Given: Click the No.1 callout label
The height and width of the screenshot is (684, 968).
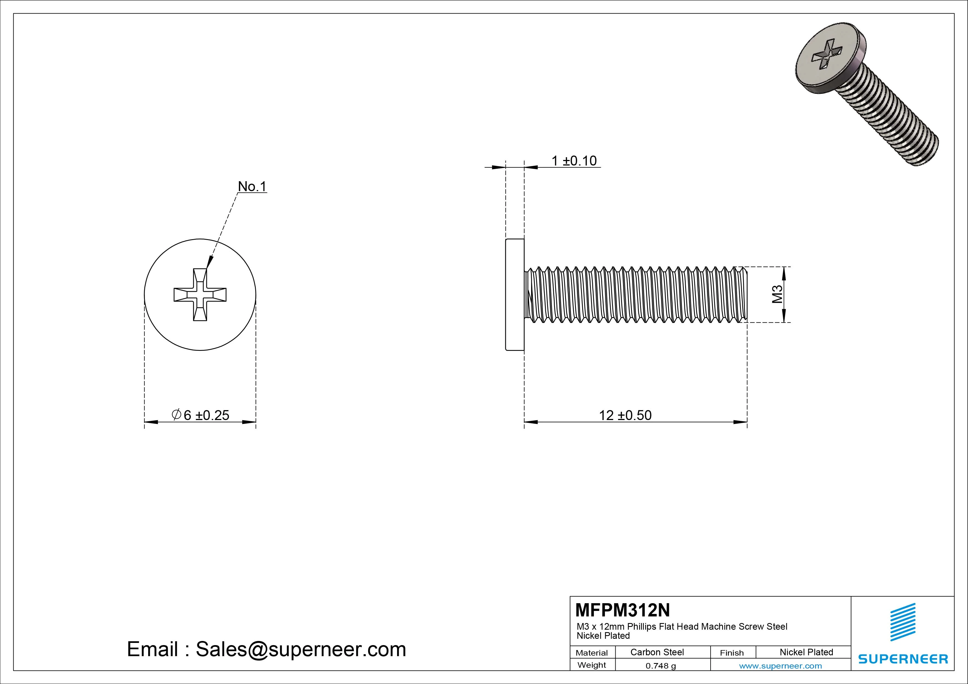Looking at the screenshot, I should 252,186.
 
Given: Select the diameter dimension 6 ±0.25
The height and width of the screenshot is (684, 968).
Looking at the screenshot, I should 201,415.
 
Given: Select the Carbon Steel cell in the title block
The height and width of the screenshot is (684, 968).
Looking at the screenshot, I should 657,652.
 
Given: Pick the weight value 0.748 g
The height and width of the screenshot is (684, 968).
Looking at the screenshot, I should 661,666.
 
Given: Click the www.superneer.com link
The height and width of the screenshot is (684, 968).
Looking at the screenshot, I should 780,666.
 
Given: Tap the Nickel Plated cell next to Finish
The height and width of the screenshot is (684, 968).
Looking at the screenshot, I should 806,652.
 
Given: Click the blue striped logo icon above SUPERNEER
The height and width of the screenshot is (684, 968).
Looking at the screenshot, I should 903,622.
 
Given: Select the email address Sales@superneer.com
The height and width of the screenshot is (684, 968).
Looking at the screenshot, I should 300,649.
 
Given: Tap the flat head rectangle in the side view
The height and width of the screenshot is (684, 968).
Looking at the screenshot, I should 515,295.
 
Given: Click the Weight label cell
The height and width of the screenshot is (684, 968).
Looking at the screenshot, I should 592,665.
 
